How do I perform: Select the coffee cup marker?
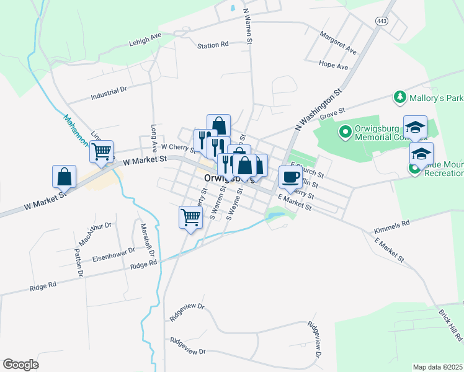(x=290, y=178)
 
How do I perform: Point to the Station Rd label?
(x=213, y=45)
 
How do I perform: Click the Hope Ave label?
(x=333, y=65)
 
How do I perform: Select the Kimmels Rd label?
(x=392, y=226)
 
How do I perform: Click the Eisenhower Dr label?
(x=114, y=253)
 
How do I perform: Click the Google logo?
(x=20, y=365)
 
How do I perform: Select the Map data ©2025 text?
(x=437, y=367)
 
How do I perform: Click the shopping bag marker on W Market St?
(x=65, y=177)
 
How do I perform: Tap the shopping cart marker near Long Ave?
(x=101, y=151)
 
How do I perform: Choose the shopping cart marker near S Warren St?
(x=190, y=218)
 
